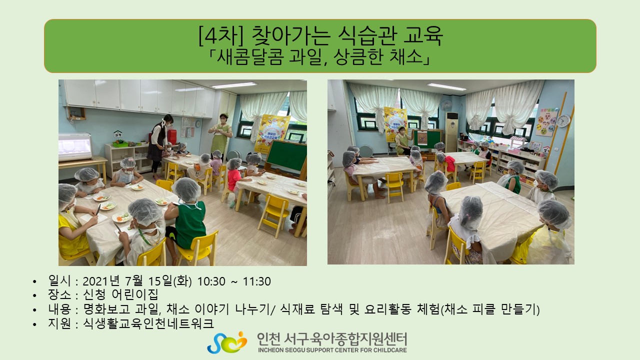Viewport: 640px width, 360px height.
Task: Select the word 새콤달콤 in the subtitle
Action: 250,57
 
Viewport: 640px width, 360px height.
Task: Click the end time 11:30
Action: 256,281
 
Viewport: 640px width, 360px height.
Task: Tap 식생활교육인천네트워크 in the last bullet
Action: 148,323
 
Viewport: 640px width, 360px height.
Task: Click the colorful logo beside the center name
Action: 227,342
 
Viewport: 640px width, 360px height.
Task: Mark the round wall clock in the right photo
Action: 563,120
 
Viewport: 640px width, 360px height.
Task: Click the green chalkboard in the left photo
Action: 286,155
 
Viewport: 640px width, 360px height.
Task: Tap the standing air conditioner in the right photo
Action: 451,132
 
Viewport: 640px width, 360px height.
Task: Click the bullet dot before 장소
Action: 34,295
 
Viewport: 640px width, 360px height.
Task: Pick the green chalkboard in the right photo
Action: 427,139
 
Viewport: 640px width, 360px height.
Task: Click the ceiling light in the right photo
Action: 446,86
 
